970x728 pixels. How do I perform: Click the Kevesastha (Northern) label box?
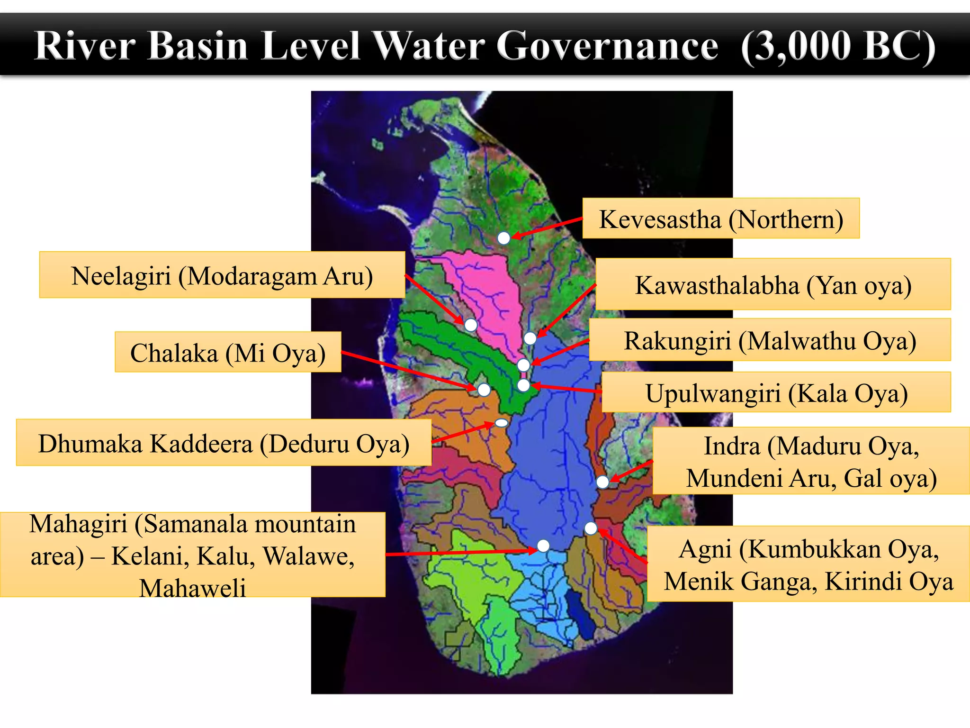[x=720, y=218]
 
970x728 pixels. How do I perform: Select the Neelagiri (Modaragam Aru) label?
[x=222, y=275]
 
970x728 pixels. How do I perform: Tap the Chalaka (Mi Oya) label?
[x=228, y=352]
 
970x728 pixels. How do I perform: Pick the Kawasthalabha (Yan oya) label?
[x=772, y=284]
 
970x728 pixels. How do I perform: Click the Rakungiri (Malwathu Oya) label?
[x=770, y=340]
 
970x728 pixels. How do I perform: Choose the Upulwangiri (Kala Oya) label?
[x=776, y=392]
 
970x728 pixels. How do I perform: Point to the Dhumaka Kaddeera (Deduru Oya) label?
[x=224, y=443]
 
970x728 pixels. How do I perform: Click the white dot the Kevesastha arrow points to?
[x=503, y=238]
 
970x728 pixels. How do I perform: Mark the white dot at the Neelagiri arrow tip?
[x=471, y=325]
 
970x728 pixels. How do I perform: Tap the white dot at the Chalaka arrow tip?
[x=484, y=390]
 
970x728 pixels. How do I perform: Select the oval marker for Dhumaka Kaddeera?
[x=501, y=423]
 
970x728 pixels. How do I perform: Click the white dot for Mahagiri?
[x=543, y=546]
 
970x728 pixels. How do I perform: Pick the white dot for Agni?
[x=591, y=528]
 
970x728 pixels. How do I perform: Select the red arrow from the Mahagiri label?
[x=459, y=553]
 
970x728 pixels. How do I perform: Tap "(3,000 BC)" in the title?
[x=838, y=46]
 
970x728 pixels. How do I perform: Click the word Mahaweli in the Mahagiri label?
[x=193, y=588]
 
